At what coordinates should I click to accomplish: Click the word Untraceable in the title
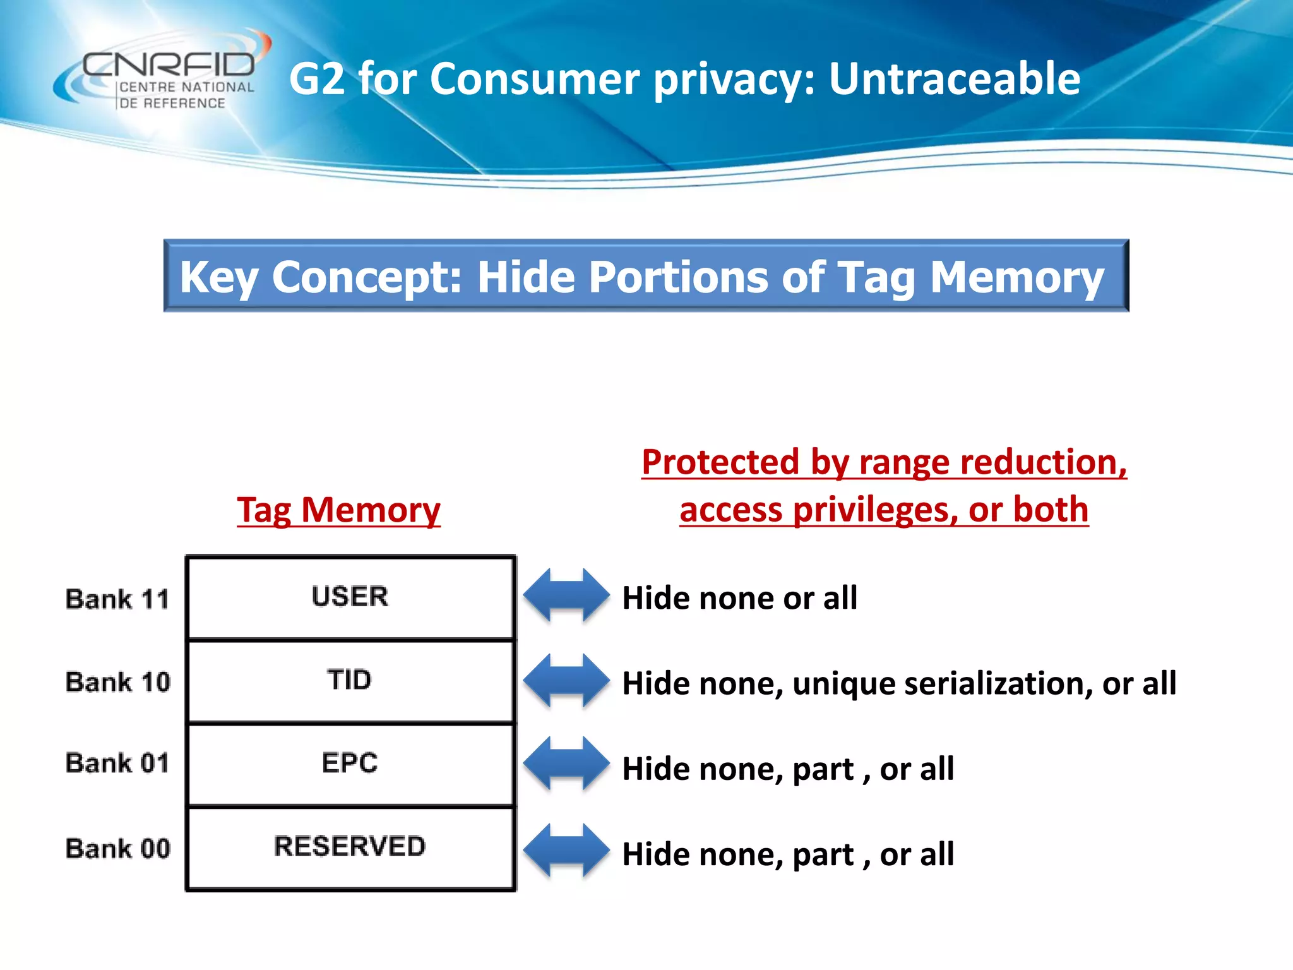(954, 79)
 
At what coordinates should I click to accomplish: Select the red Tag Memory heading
(338, 510)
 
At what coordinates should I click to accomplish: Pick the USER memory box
(350, 597)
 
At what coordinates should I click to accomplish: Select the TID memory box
(350, 680)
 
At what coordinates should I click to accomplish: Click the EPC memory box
(350, 763)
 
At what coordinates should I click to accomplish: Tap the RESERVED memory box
(350, 847)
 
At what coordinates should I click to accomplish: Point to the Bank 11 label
(117, 599)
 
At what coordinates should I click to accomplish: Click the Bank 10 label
(117, 682)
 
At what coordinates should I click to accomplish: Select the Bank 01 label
(117, 763)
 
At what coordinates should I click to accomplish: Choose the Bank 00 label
(117, 848)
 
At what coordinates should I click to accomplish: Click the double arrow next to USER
(566, 596)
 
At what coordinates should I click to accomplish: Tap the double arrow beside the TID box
(566, 680)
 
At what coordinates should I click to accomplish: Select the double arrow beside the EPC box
(566, 763)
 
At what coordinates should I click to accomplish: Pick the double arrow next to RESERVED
(566, 850)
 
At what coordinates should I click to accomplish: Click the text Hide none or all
(739, 597)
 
